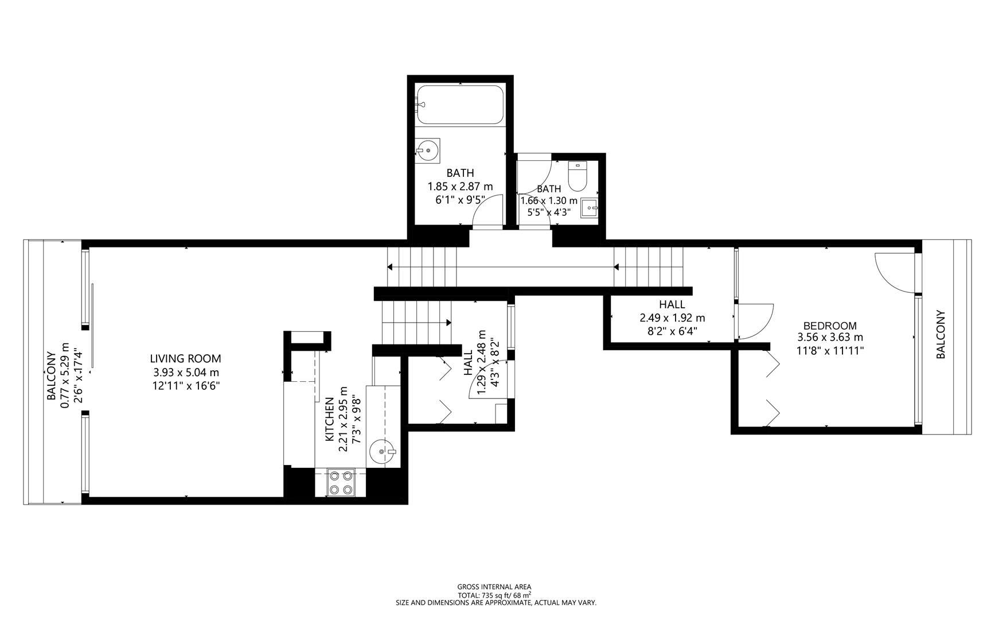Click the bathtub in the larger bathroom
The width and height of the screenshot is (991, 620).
click(x=460, y=104)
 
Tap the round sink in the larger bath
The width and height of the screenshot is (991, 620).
click(x=428, y=150)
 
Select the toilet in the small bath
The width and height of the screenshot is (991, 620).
click(x=577, y=177)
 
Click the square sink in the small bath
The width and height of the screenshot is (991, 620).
click(x=589, y=208)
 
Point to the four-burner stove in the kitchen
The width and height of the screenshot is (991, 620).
click(x=341, y=482)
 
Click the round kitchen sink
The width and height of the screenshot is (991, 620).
click(x=382, y=451)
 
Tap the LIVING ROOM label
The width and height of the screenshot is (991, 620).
click(x=185, y=359)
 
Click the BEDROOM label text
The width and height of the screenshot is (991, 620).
click(x=830, y=326)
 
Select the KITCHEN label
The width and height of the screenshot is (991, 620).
click(x=330, y=420)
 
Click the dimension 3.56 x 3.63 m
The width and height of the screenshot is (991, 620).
click(x=830, y=338)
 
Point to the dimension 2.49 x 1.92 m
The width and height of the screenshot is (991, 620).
click(x=672, y=317)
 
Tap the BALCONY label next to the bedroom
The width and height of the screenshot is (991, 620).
click(x=941, y=335)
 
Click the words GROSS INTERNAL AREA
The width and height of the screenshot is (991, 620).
click(x=494, y=587)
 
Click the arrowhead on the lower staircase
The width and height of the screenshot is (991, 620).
click(x=448, y=323)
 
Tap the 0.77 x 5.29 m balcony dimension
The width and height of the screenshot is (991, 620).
click(x=65, y=376)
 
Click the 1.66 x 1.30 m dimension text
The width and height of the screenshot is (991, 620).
click(x=549, y=200)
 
